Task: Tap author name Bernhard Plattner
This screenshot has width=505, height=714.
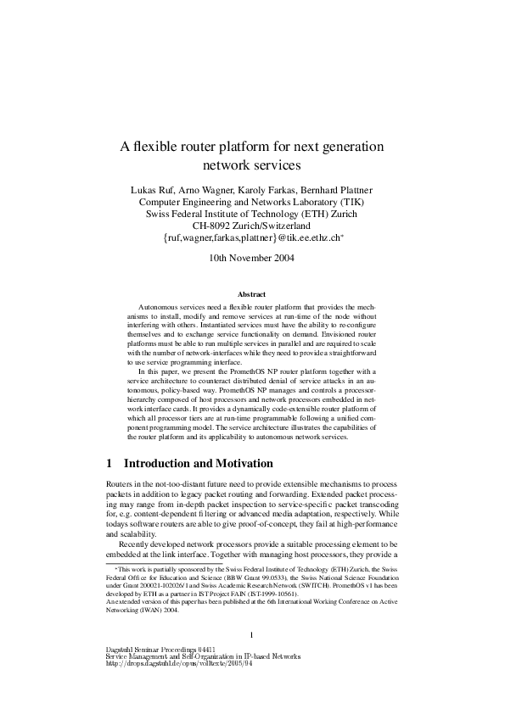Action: click(x=337, y=188)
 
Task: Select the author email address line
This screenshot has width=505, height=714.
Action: click(x=252, y=241)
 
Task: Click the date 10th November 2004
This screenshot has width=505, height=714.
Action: click(x=252, y=259)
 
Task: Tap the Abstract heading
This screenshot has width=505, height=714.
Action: click(x=252, y=294)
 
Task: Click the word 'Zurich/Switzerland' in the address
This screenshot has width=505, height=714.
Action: click(x=274, y=227)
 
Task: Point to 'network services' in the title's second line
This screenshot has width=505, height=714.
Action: click(x=252, y=165)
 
